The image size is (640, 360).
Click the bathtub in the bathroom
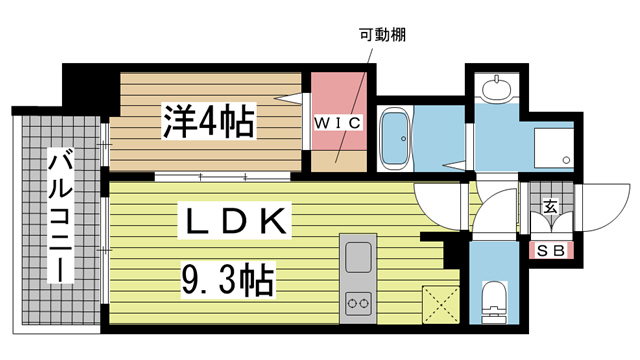pyautogui.click(x=395, y=139)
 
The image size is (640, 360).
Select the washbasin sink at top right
pyautogui.click(x=494, y=90)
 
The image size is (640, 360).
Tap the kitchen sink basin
pyautogui.click(x=356, y=259)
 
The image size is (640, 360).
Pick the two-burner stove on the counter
pyautogui.click(x=356, y=302)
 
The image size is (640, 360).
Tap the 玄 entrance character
pyautogui.click(x=549, y=206)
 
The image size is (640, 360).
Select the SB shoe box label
pyautogui.click(x=549, y=249)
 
